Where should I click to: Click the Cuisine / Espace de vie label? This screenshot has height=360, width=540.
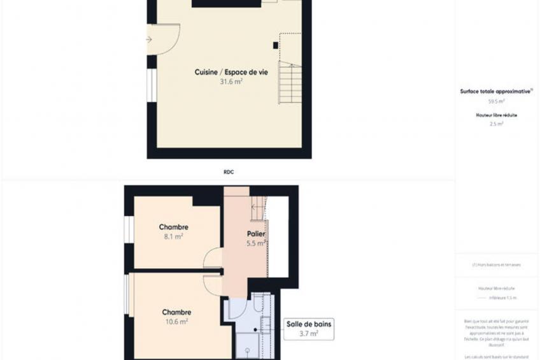point(231,73)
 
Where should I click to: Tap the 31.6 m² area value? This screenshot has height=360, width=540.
point(231,82)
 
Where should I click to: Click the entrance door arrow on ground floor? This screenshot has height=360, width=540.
point(149,40)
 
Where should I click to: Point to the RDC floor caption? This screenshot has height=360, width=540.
point(229,171)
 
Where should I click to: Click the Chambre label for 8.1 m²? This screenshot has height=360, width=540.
point(173,227)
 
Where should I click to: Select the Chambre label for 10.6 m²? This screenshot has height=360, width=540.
point(176,312)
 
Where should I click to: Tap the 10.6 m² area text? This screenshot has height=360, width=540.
point(176,322)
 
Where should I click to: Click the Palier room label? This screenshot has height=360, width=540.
point(256,234)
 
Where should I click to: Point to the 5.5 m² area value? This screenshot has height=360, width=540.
point(256,243)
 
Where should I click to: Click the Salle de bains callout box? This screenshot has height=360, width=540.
point(308,328)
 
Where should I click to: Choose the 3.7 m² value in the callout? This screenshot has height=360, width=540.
point(308,333)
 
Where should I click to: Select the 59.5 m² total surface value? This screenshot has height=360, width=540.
point(496,101)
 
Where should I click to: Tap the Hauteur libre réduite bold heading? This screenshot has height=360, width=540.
point(496,115)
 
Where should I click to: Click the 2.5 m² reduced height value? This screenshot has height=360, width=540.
point(496,124)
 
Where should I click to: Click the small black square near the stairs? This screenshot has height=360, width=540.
point(275,45)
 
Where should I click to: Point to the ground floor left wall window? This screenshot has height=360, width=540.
point(152,85)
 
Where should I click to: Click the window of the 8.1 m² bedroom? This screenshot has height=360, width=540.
point(129,229)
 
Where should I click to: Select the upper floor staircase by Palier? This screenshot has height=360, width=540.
point(258,208)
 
